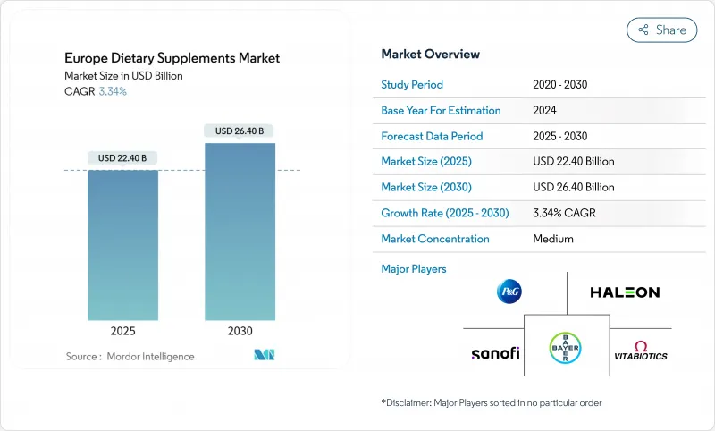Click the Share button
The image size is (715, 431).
click(661, 30)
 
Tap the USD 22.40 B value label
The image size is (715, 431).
click(122, 158)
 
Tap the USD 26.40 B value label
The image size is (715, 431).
click(240, 131)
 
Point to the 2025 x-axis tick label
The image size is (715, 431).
click(122, 331)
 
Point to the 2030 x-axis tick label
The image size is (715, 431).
click(240, 331)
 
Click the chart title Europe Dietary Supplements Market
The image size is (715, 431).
click(172, 58)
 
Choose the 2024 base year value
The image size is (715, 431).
click(545, 111)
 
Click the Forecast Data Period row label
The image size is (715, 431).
click(432, 136)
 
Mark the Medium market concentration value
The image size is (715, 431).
click(552, 239)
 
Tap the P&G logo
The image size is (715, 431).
click(509, 292)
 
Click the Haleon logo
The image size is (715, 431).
click(625, 292)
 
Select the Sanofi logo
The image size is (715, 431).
click(495, 353)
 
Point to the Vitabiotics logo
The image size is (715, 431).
click(640, 351)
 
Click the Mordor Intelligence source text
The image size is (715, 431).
click(130, 357)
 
